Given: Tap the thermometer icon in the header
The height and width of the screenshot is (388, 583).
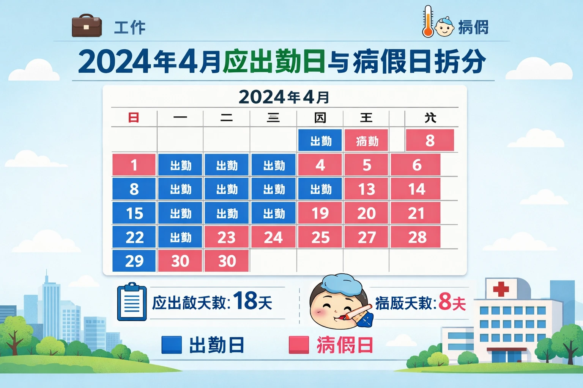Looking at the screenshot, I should point(428,22).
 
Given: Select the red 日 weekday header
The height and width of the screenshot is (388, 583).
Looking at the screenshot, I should point(134,118).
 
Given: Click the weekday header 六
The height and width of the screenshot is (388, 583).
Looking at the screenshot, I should point(430,118).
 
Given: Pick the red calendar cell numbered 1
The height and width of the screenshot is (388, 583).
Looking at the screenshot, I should point(134,165).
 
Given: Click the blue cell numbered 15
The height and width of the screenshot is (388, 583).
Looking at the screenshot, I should point(134,213).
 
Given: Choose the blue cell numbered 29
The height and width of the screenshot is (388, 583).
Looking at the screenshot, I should point(134,261).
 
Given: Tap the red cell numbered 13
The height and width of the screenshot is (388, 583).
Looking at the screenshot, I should point(366,189).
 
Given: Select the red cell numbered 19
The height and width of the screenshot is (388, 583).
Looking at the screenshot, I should point(320,213).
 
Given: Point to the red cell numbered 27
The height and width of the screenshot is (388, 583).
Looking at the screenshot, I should point(366,237).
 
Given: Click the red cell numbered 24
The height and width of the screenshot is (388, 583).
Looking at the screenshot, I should point(273,237).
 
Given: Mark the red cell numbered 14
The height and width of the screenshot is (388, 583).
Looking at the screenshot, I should point(416,189).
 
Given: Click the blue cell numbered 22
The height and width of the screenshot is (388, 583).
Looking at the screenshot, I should point(134,237).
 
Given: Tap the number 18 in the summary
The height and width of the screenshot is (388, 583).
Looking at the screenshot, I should point(245,301).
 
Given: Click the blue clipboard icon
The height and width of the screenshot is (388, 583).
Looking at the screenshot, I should point(132,302).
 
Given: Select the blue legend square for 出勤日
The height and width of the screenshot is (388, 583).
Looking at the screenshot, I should point(171,345).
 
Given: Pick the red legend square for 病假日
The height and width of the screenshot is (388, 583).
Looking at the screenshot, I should point(299,345).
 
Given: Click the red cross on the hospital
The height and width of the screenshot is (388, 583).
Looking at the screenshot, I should point(501,289).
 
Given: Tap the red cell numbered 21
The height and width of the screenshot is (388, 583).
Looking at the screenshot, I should point(416,213).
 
